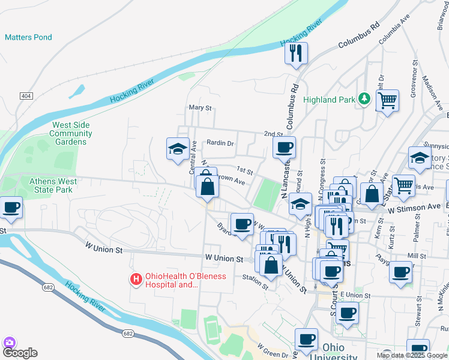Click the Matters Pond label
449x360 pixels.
pos(28,37)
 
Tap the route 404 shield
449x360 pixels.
pos(26,96)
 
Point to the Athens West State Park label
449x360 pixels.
pos(50,185)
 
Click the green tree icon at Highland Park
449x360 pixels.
pos(363,98)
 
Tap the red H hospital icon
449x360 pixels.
pos(136,279)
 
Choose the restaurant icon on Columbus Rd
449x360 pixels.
pos(295,53)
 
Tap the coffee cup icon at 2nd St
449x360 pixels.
pos(284,147)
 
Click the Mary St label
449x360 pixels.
pos(200,108)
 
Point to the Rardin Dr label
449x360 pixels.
pos(220,143)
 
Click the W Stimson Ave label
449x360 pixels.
pos(414,208)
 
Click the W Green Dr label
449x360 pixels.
pos(274,350)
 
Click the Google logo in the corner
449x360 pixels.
pos(19,353)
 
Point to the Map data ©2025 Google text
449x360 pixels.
pos(412,355)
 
